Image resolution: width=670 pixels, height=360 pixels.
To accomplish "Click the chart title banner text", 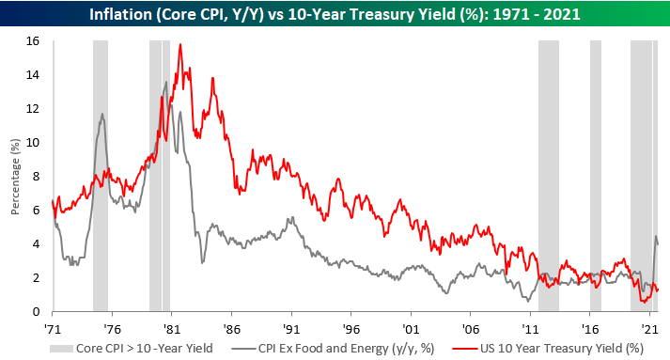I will coord(335,15).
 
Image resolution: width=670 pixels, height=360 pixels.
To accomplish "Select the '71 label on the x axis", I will coord(53,329).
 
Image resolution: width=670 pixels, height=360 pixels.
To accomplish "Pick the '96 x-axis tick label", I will coord(351,329).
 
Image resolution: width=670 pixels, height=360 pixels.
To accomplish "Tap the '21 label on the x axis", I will coord(649,329).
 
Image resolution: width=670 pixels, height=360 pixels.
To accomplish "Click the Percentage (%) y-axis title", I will coord(14,177).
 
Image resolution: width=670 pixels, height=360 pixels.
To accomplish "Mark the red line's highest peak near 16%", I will coord(180,44).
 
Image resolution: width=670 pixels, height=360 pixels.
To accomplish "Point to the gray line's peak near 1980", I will coord(166,82).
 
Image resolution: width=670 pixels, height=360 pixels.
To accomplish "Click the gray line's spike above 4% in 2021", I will coord(655,236).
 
